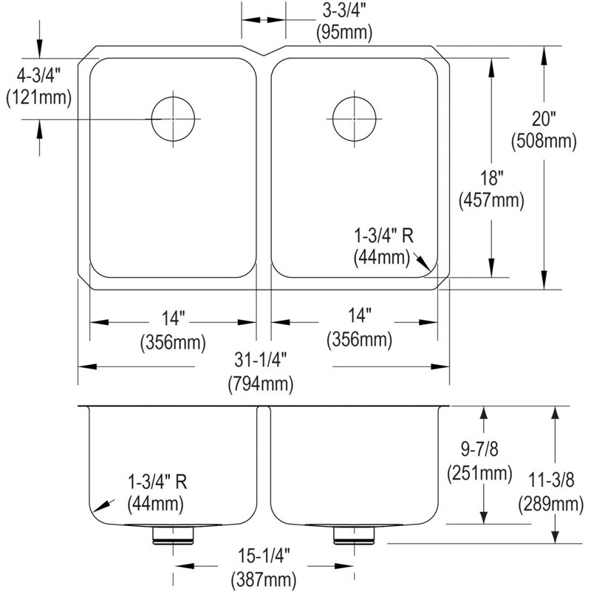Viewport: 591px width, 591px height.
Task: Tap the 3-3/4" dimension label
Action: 344,11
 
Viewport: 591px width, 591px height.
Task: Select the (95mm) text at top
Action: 344,32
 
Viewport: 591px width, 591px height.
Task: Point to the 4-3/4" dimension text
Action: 38,77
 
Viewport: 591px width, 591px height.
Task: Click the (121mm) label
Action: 39,98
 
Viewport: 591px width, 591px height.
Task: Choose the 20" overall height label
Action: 544,119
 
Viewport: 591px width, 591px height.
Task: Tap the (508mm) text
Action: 544,141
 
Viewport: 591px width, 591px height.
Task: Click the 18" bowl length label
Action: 491,177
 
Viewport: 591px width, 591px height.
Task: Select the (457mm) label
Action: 491,199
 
